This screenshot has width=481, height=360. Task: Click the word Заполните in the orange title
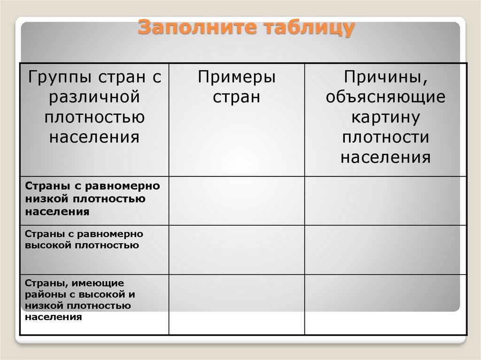[x=197, y=27]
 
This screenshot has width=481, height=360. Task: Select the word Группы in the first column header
[x=60, y=77]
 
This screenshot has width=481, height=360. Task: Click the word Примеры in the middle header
[x=237, y=77]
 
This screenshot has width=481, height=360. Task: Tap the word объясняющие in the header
[x=386, y=97]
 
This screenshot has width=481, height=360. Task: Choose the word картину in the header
[x=386, y=117]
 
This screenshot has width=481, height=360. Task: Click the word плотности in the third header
[x=386, y=137]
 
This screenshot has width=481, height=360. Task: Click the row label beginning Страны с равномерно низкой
[x=93, y=199]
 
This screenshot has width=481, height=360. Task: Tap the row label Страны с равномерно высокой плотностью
[x=84, y=239]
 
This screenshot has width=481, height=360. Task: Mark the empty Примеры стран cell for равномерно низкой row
[x=237, y=201]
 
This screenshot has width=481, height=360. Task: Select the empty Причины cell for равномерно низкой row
[x=386, y=201]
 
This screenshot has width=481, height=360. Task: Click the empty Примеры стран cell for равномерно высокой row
[x=237, y=250]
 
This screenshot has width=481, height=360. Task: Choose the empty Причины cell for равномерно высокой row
[x=386, y=250]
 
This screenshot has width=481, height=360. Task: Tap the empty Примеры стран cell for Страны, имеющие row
[x=237, y=305]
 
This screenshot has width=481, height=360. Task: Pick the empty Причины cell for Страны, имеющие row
[x=386, y=305]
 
